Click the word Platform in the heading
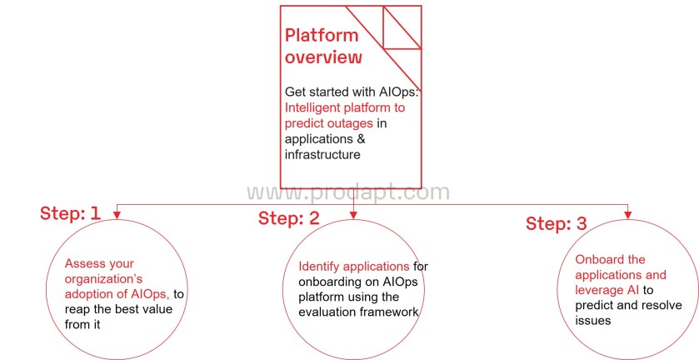tap(322, 36)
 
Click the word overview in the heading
tap(323, 57)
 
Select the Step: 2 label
tap(288, 218)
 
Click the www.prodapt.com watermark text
tap(348, 193)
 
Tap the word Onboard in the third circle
tap(598, 260)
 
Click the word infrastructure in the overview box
tap(323, 154)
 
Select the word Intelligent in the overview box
tap(312, 107)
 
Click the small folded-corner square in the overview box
tap(401, 27)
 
